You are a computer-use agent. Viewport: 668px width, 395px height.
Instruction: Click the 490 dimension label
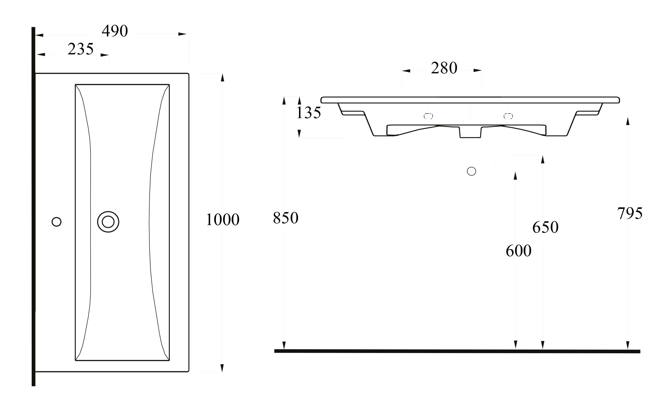[x=115, y=31]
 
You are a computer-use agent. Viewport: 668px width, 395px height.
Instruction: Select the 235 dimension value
[x=80, y=49]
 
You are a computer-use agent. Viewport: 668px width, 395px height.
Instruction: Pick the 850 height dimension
[x=285, y=218]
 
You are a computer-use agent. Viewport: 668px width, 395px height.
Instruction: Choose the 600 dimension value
[x=518, y=251]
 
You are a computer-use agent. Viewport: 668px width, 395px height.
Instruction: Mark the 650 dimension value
[x=545, y=227]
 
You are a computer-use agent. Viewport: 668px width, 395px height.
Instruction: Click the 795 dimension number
[x=630, y=213]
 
